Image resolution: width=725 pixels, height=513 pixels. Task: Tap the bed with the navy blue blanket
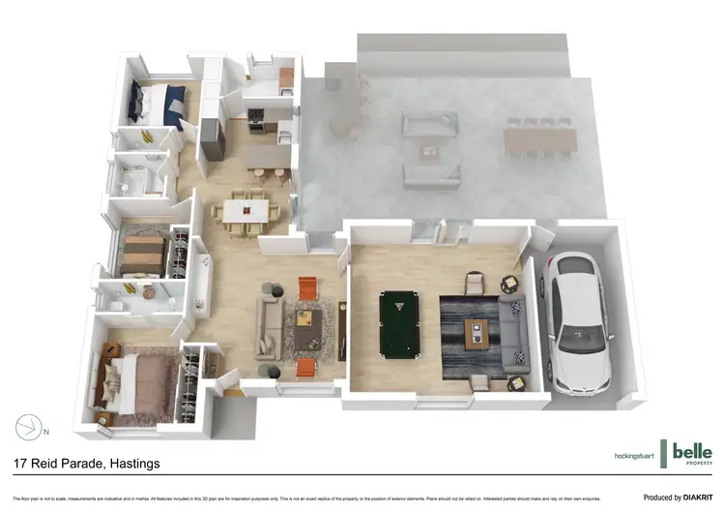click(x=159, y=104)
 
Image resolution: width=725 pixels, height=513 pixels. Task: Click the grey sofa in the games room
click(x=513, y=333)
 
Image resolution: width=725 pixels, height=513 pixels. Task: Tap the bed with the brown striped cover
click(x=144, y=255)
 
